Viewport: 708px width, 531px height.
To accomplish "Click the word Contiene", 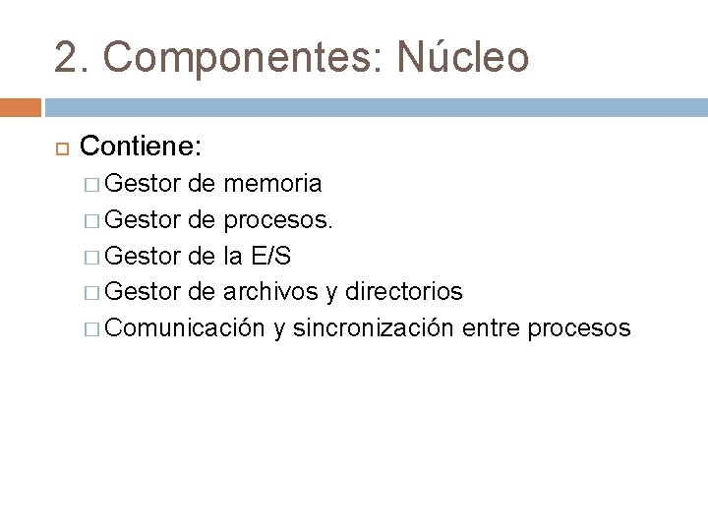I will [141, 147].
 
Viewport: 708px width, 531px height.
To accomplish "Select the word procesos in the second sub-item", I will [278, 219].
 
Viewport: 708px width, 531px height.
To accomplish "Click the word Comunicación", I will [185, 328].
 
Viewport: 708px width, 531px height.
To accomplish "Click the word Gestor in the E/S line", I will [140, 256].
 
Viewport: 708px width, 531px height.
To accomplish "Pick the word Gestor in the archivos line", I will [140, 292].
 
